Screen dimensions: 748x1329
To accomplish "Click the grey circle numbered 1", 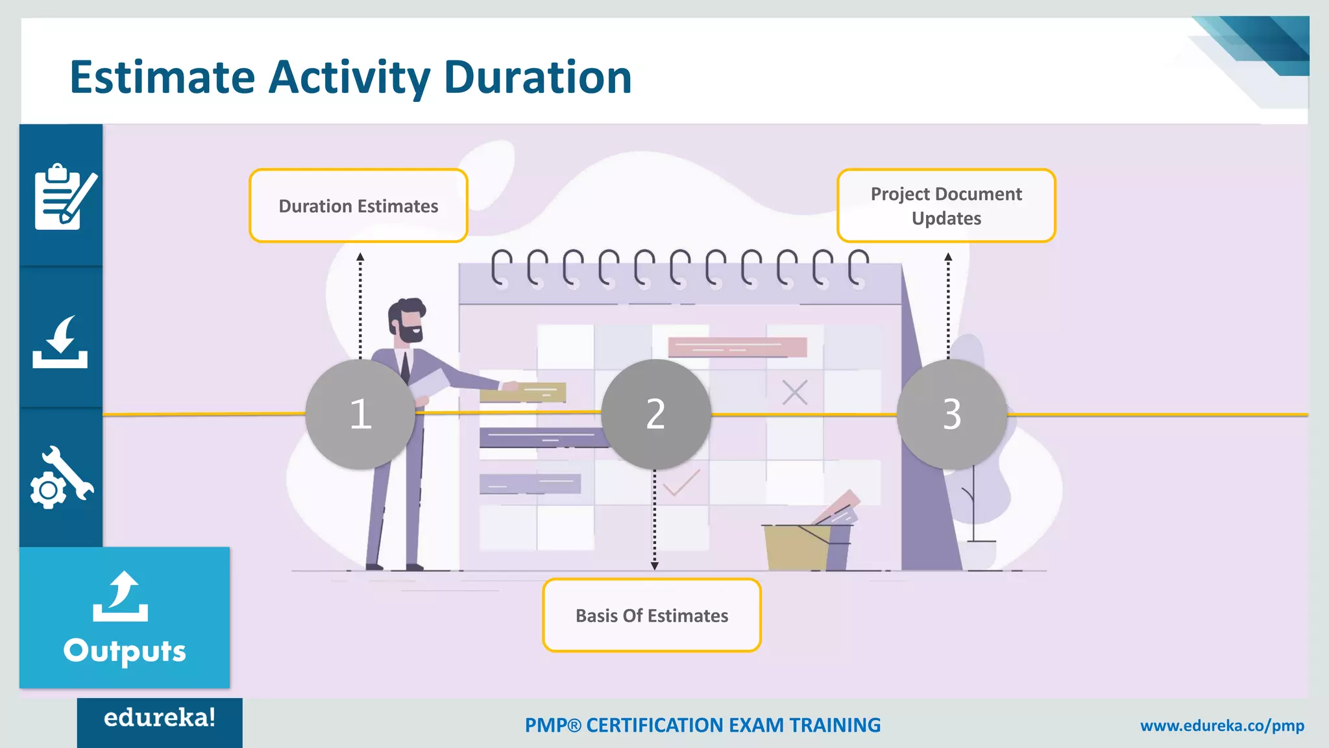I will [x=360, y=414].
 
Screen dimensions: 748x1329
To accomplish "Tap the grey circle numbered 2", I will [x=655, y=414].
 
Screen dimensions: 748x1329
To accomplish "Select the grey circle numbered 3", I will [x=951, y=414].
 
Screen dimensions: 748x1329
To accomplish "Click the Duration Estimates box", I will [x=358, y=206].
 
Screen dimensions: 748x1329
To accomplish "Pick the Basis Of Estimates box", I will [x=652, y=615].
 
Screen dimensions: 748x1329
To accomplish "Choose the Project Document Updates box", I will [x=946, y=206].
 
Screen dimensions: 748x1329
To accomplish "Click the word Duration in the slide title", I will [x=537, y=77].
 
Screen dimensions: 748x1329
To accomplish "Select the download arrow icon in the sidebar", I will [x=60, y=342].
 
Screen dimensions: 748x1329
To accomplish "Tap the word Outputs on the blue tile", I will [x=125, y=651].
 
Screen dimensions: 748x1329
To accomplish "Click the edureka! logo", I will [x=160, y=718].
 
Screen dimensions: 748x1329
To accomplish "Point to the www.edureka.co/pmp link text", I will [x=1222, y=725].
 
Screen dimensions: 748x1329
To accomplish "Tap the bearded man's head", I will [x=406, y=320].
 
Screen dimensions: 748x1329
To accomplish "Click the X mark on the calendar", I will [x=794, y=392].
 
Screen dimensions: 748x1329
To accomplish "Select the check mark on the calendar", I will [x=681, y=482].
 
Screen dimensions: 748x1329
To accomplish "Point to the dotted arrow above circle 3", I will [x=948, y=305].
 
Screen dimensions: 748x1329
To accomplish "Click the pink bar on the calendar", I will [x=737, y=347].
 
